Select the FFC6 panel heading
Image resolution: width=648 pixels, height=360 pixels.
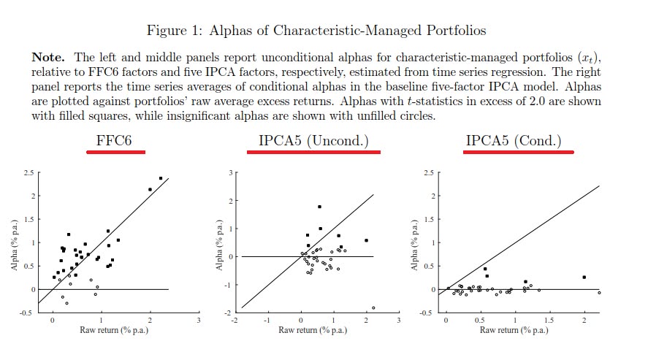coord(115,141)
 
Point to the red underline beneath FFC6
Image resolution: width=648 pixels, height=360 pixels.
coord(115,152)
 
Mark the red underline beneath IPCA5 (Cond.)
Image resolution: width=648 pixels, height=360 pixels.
coord(519,153)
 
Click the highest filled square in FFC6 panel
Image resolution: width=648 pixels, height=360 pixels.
coord(161,178)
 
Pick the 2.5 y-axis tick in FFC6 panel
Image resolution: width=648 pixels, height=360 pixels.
coord(28,173)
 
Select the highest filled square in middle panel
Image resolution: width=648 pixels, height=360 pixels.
coord(319,207)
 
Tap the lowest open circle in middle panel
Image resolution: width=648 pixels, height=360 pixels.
coord(373,307)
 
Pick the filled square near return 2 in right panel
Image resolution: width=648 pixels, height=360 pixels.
coord(584,277)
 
